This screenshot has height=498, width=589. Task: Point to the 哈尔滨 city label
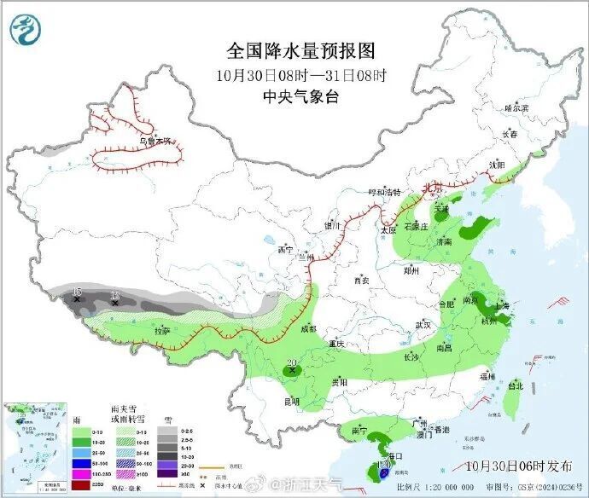tap(516, 108)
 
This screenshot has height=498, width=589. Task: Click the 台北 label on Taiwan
tap(515, 385)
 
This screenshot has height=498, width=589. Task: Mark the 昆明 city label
tap(290, 400)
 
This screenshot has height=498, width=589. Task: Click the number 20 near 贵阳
tap(292, 363)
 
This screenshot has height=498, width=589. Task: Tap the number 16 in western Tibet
tap(77, 292)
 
